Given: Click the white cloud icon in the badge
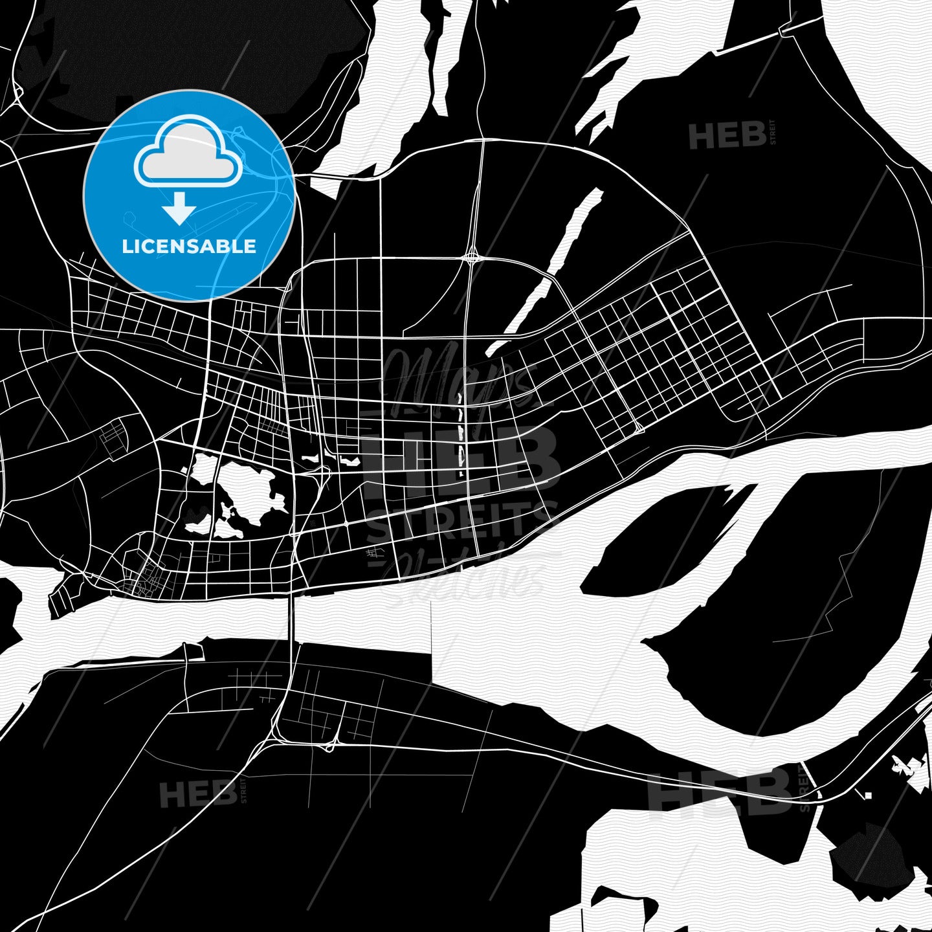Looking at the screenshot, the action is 188,153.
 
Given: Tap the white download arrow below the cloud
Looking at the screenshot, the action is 179,208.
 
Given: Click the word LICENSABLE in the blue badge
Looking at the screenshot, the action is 189,247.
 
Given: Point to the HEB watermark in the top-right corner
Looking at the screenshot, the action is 728,137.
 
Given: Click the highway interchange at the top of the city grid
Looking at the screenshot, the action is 471,258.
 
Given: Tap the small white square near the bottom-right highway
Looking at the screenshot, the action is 868,795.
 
